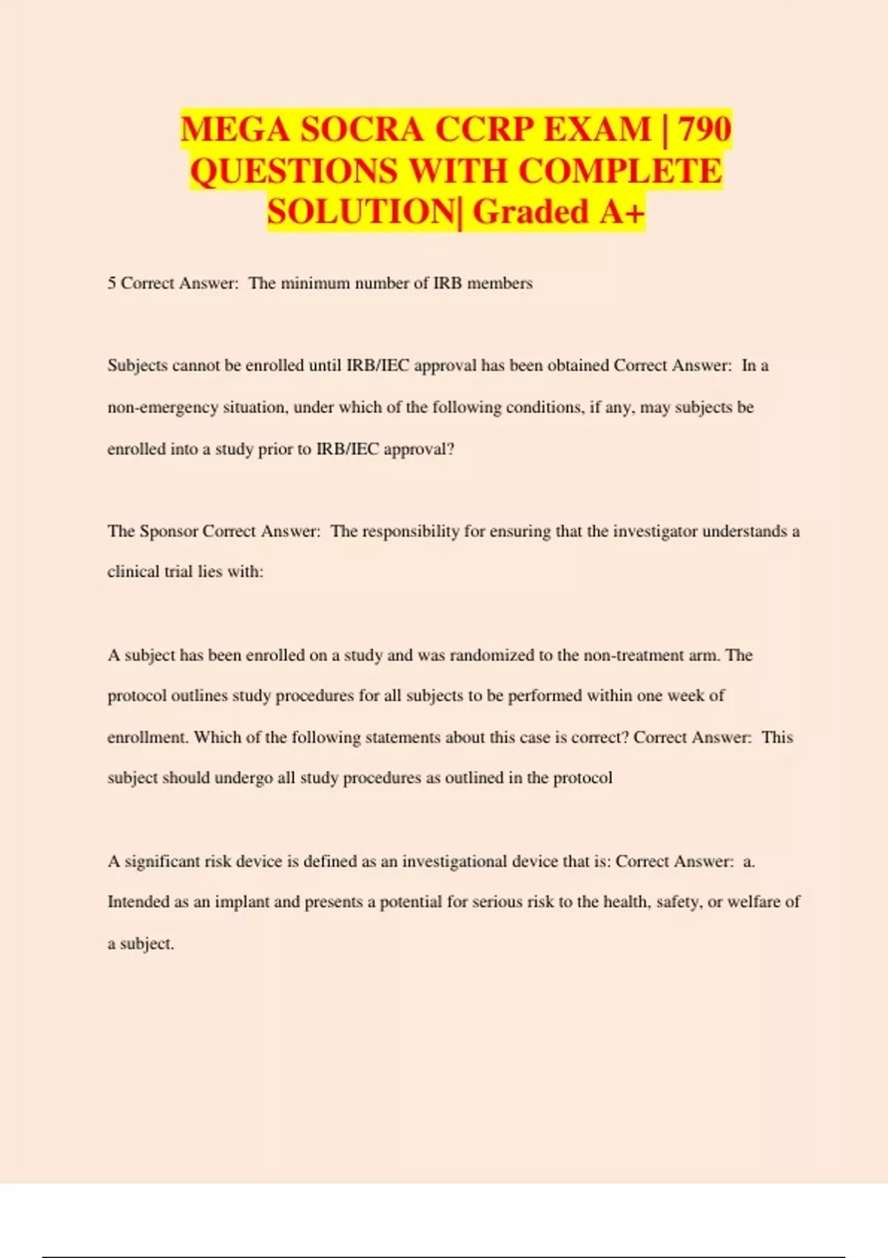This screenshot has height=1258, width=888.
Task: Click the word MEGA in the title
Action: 235,129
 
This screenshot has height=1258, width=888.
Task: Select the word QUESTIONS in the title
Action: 294,171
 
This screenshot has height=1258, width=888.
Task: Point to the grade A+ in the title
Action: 622,212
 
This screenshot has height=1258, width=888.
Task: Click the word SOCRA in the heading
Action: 362,129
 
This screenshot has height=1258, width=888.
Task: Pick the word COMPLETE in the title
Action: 620,171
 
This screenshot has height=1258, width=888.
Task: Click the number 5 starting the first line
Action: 112,283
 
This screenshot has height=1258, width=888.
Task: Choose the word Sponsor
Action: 169,531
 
